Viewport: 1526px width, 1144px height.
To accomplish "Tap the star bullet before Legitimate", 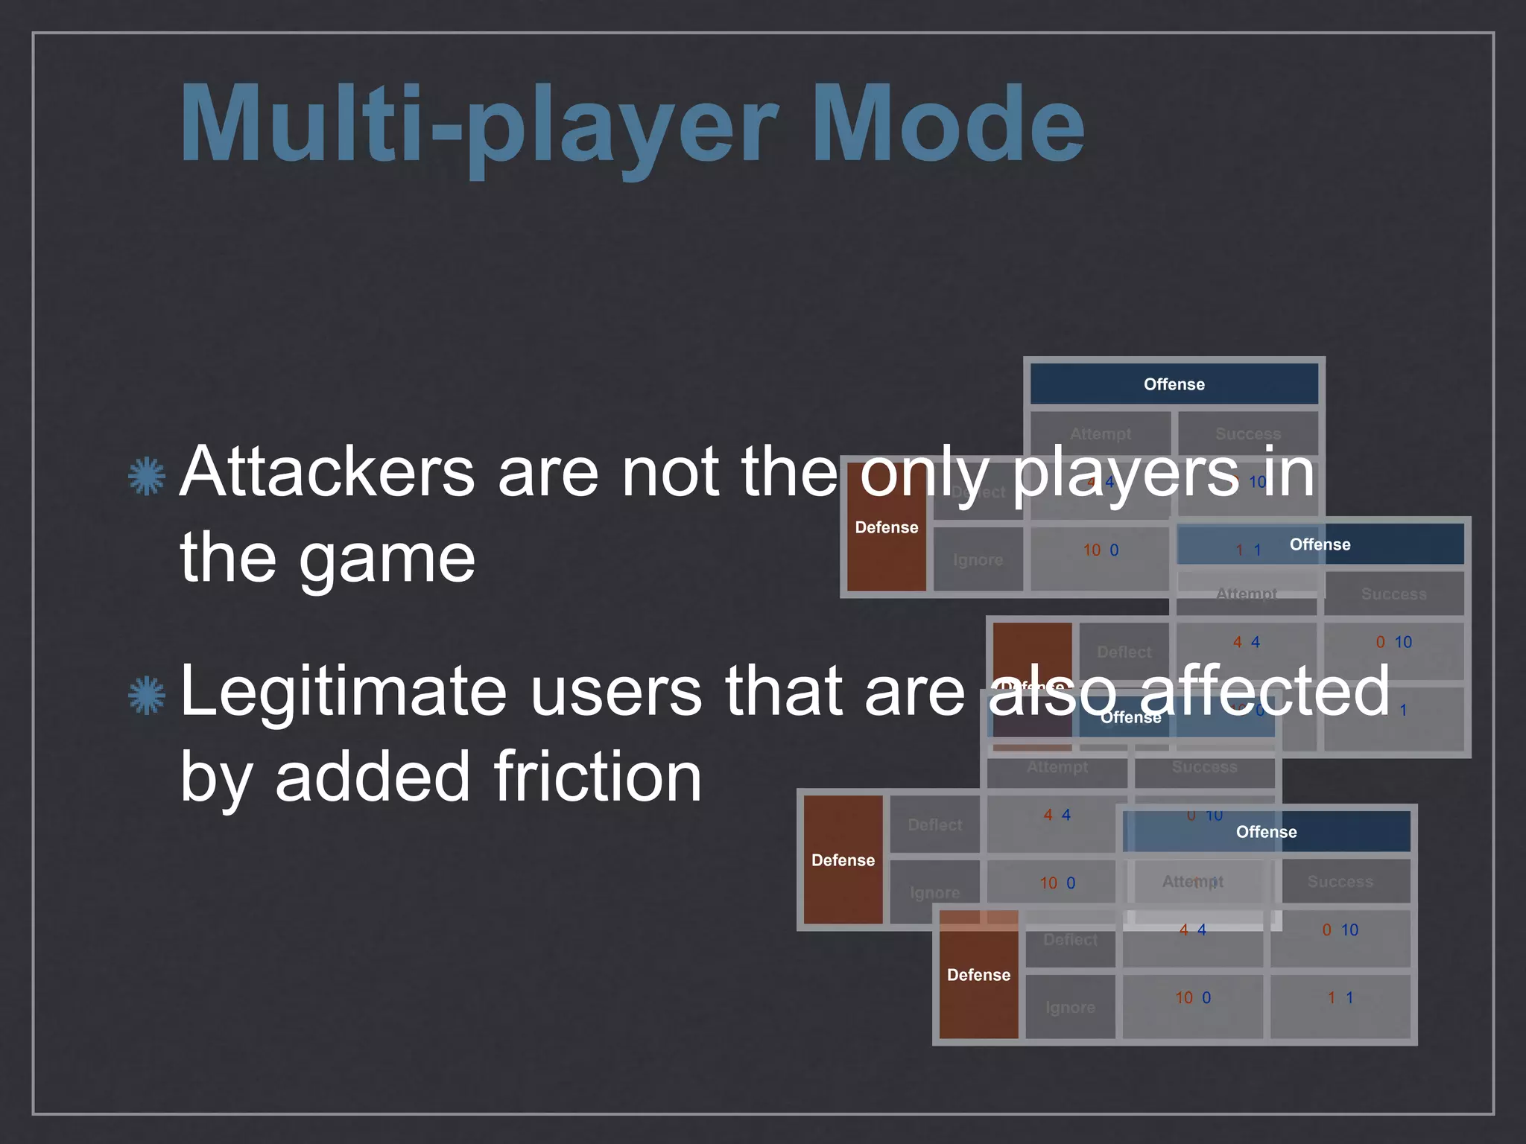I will (147, 695).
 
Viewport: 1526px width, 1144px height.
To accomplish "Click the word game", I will (387, 560).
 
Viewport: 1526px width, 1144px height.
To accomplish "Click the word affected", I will (1264, 692).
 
